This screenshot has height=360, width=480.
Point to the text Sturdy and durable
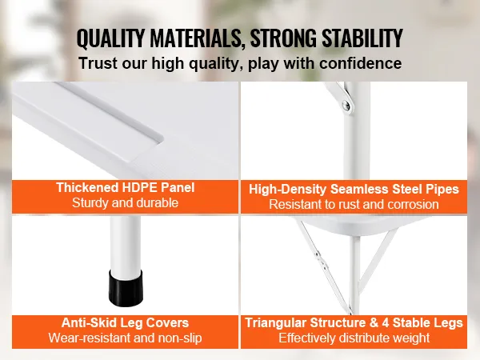pyautogui.click(x=125, y=203)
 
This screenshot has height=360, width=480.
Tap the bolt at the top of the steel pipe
pyautogui.click(x=346, y=104)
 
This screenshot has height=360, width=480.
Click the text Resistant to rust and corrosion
pyautogui.click(x=354, y=205)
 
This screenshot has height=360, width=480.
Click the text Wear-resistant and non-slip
pyautogui.click(x=125, y=338)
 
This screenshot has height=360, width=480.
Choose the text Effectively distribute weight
pyautogui.click(x=354, y=338)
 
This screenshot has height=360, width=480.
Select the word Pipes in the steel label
pyautogui.click(x=442, y=189)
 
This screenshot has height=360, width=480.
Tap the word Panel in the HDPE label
pyautogui.click(x=177, y=187)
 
